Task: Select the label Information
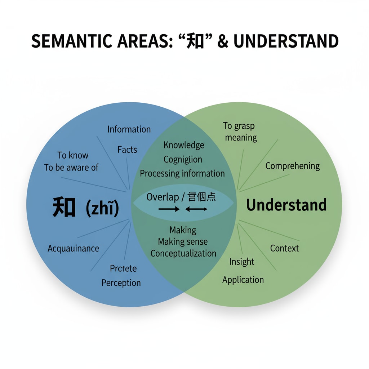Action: point(129,129)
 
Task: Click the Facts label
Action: point(127,150)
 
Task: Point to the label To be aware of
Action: point(71,168)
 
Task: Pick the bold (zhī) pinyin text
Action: point(102,209)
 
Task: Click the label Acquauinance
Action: point(73,248)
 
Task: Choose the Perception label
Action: point(121,283)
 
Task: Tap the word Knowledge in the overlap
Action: point(184,145)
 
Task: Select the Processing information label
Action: point(182,173)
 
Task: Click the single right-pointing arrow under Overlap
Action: point(169,209)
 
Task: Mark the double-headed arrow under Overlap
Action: point(196,209)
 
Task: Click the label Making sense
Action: point(183,241)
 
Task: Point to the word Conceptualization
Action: point(183,253)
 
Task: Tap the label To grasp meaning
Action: point(240,132)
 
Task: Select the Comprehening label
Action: point(293,166)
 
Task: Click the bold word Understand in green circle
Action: point(286,205)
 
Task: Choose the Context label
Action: point(285,248)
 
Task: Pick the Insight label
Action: point(242,262)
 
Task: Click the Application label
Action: point(243,280)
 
